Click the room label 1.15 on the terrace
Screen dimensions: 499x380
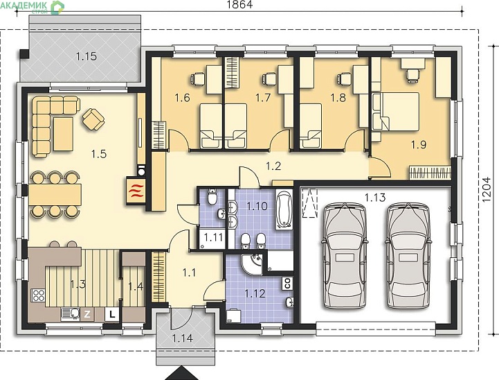[87, 56]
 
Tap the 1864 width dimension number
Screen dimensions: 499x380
[239, 4]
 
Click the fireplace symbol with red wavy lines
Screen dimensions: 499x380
[136, 190]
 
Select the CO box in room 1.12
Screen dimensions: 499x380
[287, 284]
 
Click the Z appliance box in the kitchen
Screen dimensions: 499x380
[87, 314]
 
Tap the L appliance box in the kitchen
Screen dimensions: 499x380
[112, 314]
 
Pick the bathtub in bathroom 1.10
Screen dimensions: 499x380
[284, 209]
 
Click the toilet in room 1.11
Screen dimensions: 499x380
[212, 197]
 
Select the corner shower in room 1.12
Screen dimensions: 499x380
[251, 264]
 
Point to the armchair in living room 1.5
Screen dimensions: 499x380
[93, 119]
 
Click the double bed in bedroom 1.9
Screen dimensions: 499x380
[396, 112]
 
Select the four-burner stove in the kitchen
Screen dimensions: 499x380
[38, 295]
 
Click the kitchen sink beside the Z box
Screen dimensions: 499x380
[71, 313]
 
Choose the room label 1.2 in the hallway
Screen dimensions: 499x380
[273, 166]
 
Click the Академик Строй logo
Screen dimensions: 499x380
[32, 7]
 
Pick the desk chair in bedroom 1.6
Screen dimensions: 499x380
[198, 79]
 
